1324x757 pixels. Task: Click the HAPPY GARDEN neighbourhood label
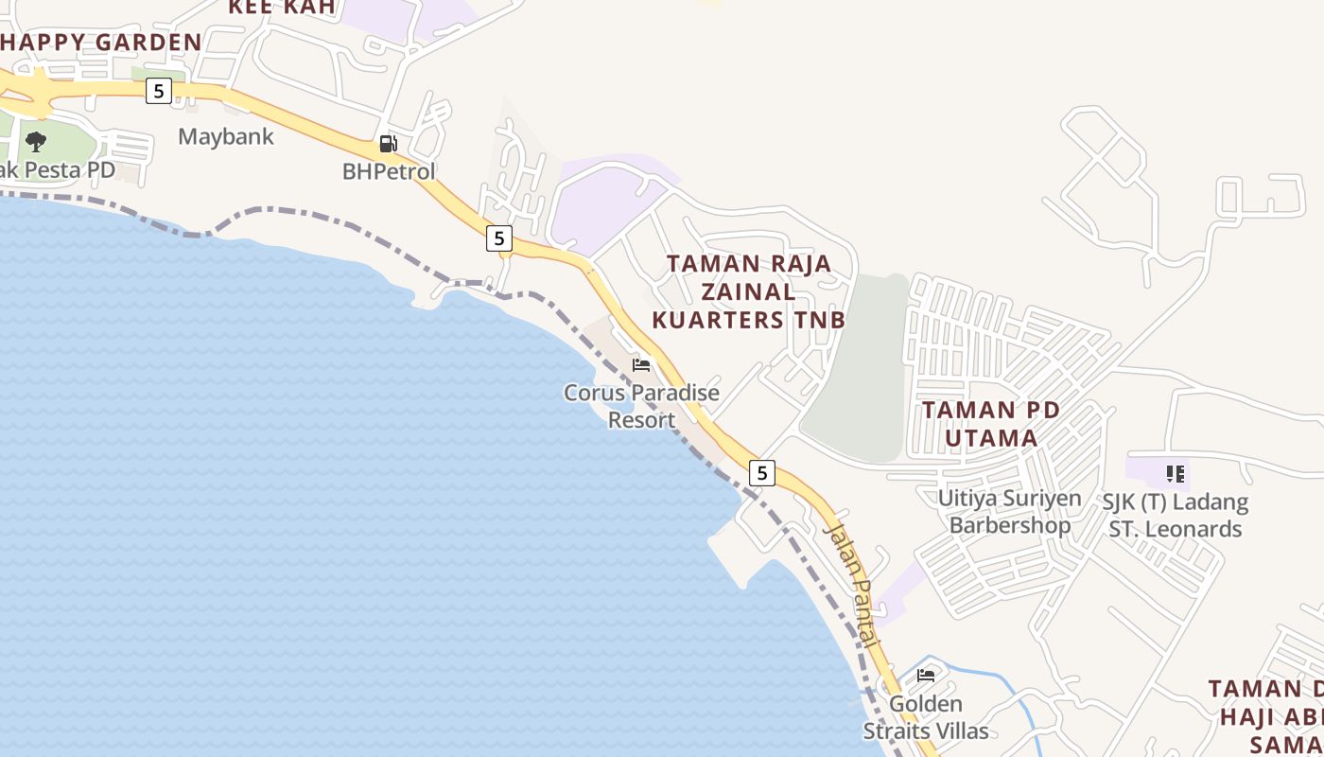[101, 42]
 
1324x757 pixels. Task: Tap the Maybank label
[226, 136]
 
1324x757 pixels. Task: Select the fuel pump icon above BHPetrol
[388, 144]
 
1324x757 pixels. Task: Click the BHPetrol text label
[389, 171]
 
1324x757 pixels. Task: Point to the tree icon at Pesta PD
[36, 142]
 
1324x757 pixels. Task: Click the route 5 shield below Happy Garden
[158, 91]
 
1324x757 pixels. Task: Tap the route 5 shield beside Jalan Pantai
[761, 472]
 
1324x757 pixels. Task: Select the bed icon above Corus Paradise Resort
[641, 365]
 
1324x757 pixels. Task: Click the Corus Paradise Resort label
[641, 406]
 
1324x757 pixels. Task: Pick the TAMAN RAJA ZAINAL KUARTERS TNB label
[749, 291]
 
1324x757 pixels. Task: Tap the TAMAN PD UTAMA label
[991, 424]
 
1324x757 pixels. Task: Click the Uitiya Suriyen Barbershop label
[1010, 511]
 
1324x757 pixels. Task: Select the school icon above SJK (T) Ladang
[1176, 473]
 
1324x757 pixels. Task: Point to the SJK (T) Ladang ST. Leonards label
[1176, 515]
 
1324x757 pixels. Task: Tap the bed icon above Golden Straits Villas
[926, 676]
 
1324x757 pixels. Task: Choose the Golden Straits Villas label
[926, 717]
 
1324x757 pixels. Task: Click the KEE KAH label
[283, 7]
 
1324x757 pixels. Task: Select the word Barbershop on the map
[1010, 525]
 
